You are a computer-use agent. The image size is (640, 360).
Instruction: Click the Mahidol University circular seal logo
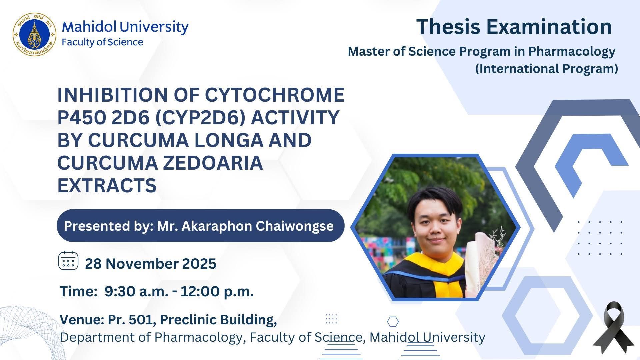pyautogui.click(x=35, y=34)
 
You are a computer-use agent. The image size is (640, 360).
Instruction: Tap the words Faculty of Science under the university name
pyautogui.click(x=102, y=42)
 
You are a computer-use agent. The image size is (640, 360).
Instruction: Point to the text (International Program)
pyautogui.click(x=546, y=69)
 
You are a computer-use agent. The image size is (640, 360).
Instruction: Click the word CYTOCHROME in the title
pyautogui.click(x=274, y=95)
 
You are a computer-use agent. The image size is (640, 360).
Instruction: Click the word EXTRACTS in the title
pyautogui.click(x=107, y=185)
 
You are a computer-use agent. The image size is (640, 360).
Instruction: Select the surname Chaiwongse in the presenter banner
pyautogui.click(x=295, y=226)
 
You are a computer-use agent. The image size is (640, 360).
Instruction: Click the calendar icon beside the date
pyautogui.click(x=68, y=261)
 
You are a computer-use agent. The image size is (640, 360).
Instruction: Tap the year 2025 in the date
pyautogui.click(x=199, y=264)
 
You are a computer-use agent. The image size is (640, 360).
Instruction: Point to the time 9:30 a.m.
pyautogui.click(x=136, y=292)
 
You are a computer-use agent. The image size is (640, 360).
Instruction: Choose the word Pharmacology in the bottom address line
pyautogui.click(x=198, y=337)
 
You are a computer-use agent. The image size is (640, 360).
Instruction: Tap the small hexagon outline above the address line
pyautogui.click(x=393, y=322)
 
